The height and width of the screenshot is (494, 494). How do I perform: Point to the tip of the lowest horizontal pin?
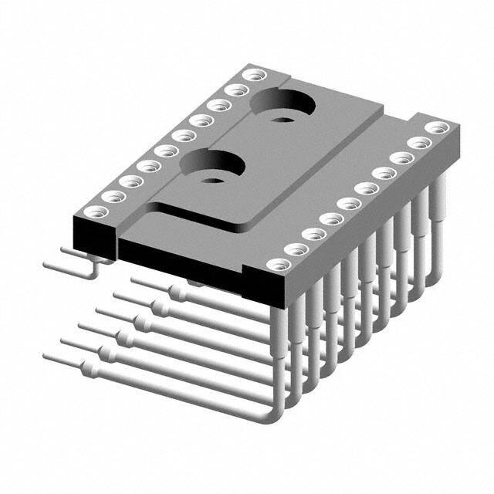click(46, 357)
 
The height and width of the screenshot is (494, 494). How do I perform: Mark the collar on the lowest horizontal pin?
click(101, 354)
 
